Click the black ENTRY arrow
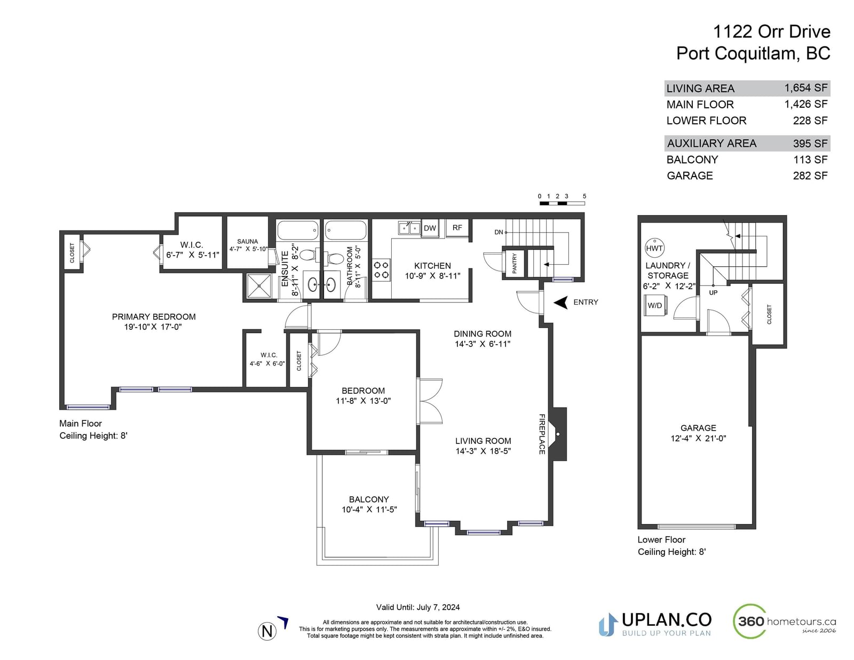pos(561,303)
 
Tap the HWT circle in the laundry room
pos(654,248)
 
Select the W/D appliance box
pos(654,306)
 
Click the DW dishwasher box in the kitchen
pos(430,228)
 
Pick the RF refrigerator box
pos(457,228)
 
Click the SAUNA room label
pos(248,242)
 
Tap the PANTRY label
pos(515,263)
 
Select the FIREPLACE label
pos(542,434)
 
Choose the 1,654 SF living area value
pos(806,88)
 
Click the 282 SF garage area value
pos(810,176)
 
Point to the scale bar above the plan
pos(562,203)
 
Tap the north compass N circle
pos(267,631)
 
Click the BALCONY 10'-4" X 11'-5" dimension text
pos(369,510)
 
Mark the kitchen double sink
pos(409,228)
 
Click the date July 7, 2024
pos(438,607)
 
